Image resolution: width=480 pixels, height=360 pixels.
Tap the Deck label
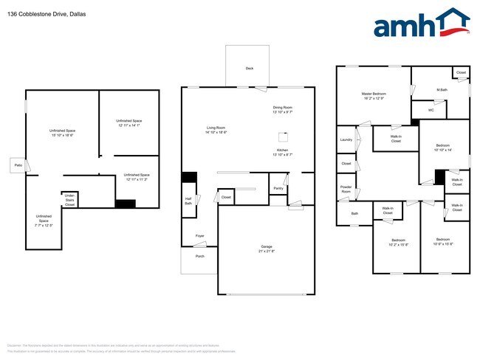(249, 69)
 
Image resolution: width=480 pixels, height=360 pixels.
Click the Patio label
(17, 165)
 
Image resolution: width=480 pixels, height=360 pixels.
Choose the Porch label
(199, 257)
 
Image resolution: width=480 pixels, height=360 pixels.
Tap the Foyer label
(199, 236)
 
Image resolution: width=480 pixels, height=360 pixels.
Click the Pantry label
(278, 188)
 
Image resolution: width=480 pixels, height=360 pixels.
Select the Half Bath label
(188, 201)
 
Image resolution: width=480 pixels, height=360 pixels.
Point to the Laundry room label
(346, 139)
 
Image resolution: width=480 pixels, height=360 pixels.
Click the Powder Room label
(346, 188)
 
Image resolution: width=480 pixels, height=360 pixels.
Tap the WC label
(431, 110)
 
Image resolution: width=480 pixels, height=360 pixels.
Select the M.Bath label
(442, 90)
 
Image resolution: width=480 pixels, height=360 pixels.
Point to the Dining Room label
(282, 109)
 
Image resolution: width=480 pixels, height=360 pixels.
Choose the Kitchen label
(282, 152)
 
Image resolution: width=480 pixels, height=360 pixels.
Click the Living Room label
(216, 130)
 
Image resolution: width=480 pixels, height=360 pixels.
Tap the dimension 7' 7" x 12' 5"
(44, 224)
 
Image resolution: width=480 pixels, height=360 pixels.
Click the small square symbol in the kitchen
(281, 136)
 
